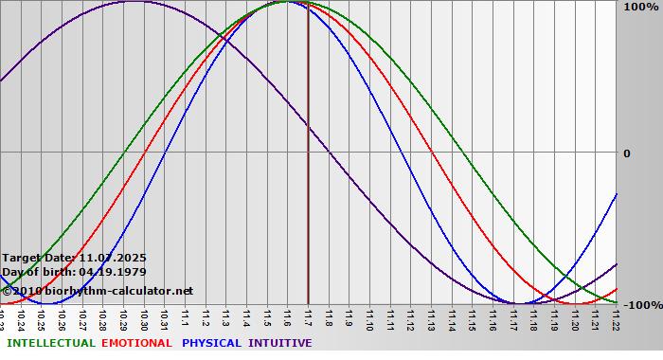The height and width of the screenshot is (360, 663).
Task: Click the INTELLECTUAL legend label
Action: pos(50,343)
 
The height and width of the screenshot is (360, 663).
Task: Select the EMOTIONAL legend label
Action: pos(136,343)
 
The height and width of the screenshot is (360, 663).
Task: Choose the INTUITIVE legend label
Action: pos(279,343)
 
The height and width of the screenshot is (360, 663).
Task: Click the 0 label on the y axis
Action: pos(626,153)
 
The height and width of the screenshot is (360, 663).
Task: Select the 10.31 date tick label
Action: pos(165,319)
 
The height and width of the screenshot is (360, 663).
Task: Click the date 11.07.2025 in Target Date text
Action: pos(113,258)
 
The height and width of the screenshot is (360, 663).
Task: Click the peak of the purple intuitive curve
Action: pos(134,2)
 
